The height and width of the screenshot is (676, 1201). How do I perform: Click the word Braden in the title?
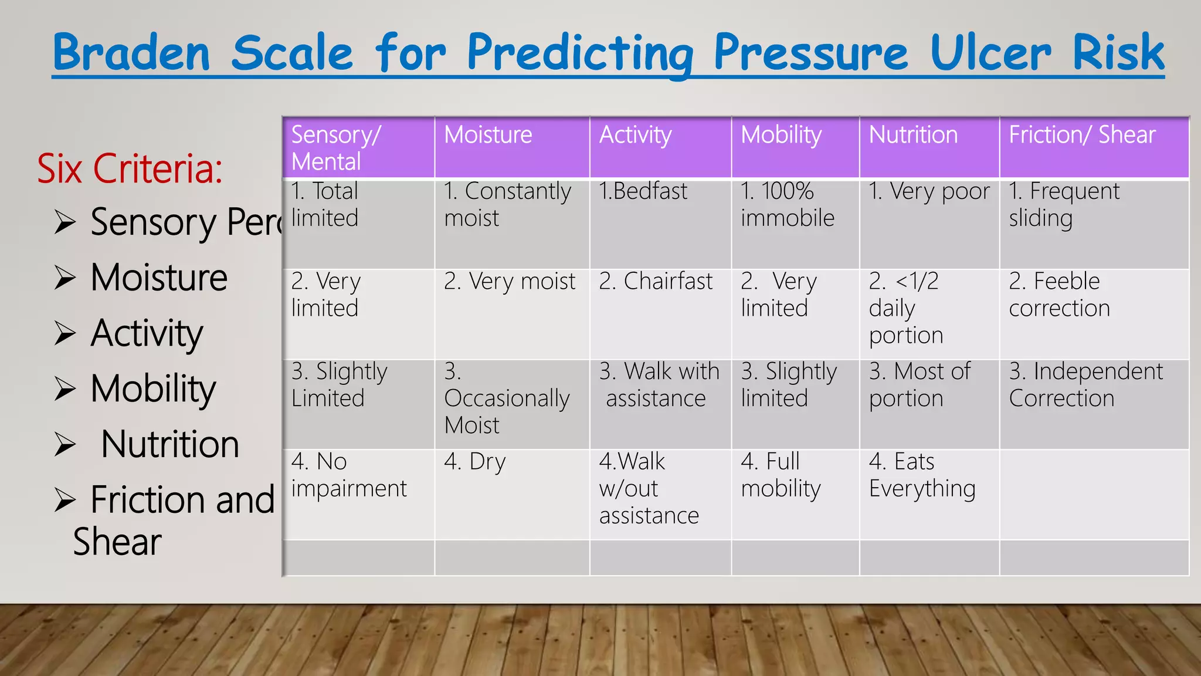click(131, 53)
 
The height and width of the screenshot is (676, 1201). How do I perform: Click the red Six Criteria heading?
click(130, 168)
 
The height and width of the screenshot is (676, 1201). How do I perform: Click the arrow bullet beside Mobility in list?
click(65, 388)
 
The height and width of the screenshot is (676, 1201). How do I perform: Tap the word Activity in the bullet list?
click(147, 333)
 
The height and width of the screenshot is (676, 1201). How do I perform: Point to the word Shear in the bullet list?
click(117, 542)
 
